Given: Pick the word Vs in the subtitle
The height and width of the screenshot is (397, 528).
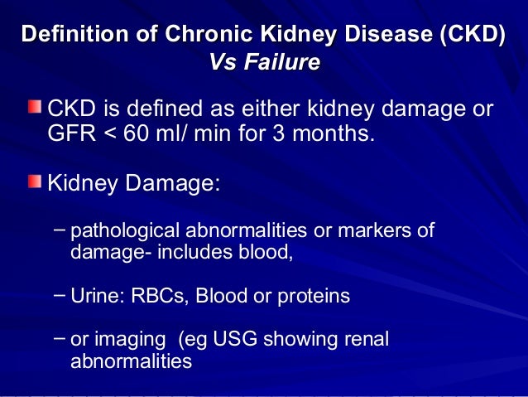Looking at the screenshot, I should [223, 63].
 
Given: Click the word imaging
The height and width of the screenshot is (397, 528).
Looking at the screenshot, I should [125, 340].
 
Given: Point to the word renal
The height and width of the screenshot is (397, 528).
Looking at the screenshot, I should [367, 340].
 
